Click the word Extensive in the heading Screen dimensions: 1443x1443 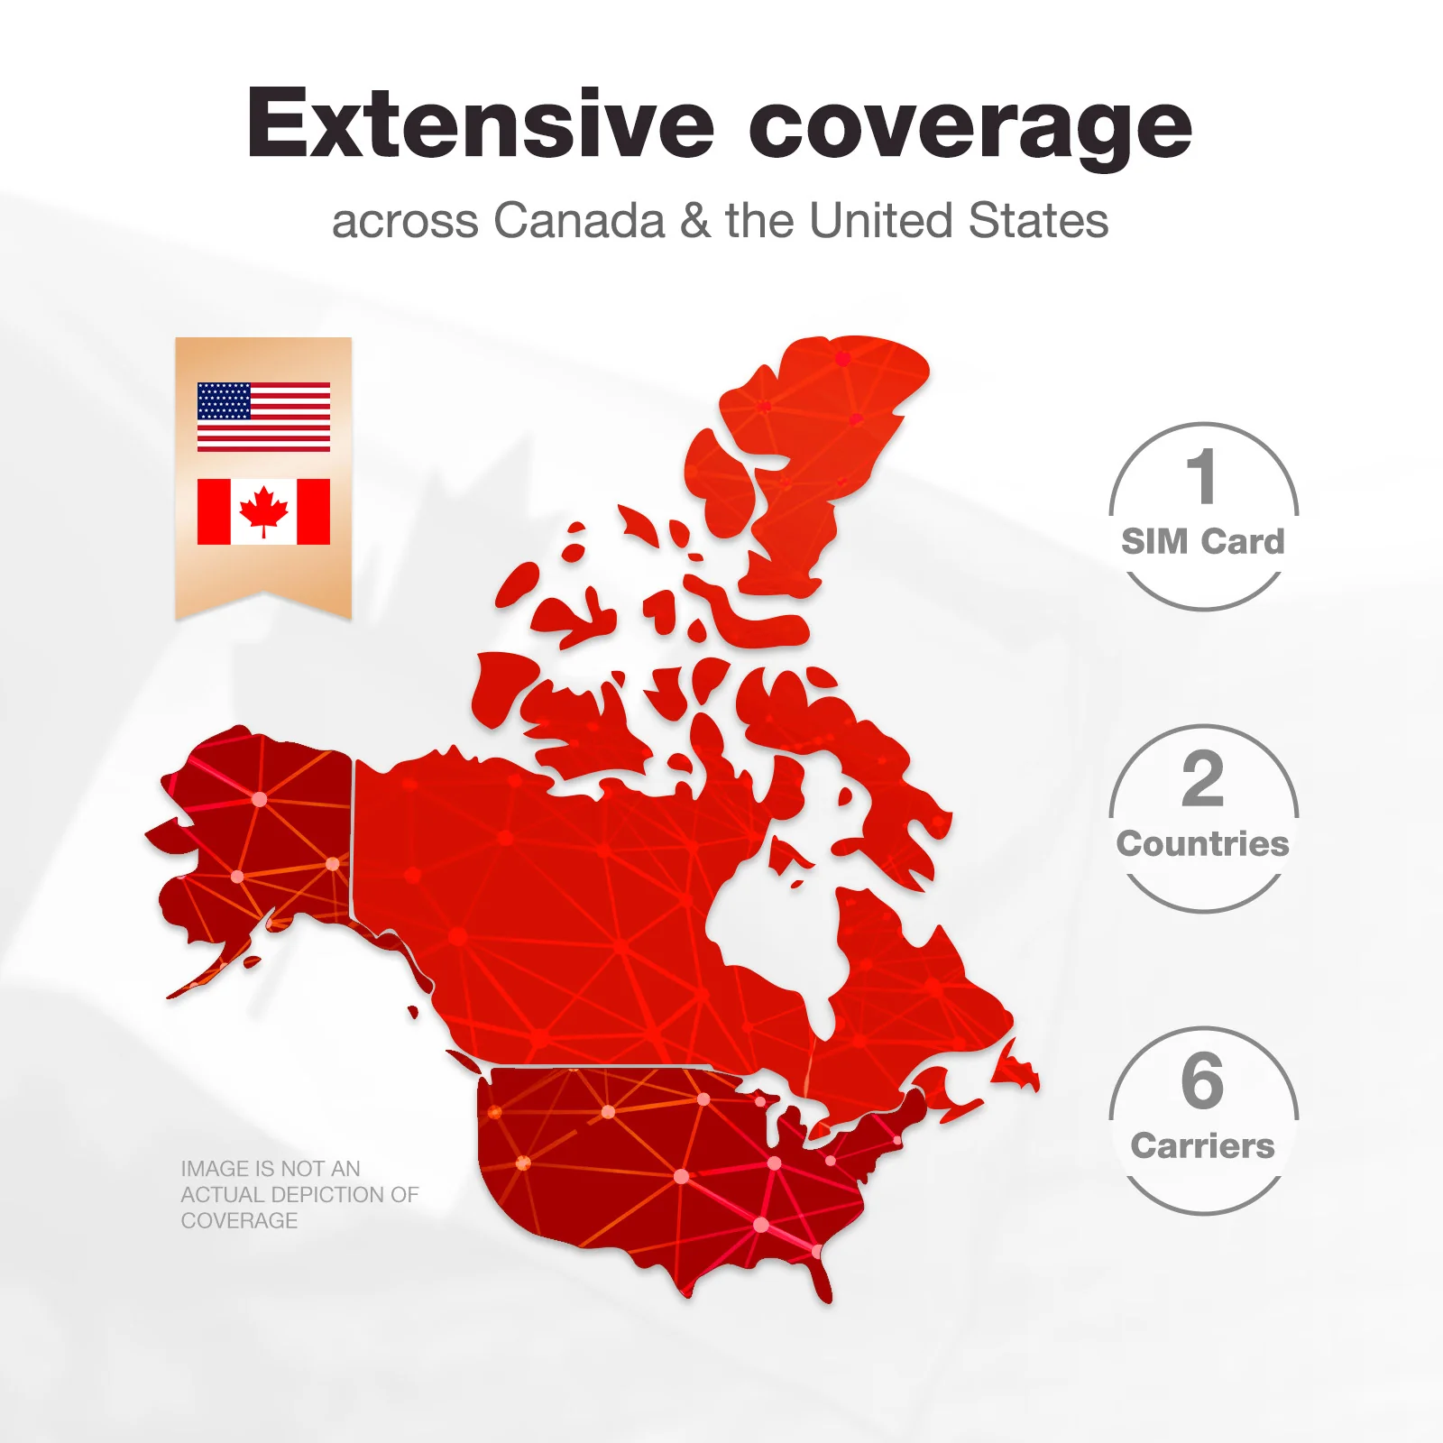pyautogui.click(x=480, y=124)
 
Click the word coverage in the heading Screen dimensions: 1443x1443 pyautogui.click(x=970, y=126)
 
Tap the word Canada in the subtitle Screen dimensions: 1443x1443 pyautogui.click(x=579, y=221)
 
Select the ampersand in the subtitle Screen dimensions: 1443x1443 pyautogui.click(x=695, y=222)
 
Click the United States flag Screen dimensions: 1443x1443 pyautogui.click(x=263, y=417)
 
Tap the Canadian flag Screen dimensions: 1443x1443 pyautogui.click(x=263, y=511)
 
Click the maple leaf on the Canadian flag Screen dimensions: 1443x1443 pyautogui.click(x=263, y=510)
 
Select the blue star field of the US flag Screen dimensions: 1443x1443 pyautogui.click(x=224, y=400)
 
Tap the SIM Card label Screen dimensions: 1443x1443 pyautogui.click(x=1202, y=542)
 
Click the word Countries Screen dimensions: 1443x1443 pyautogui.click(x=1202, y=844)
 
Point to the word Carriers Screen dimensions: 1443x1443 pyautogui.click(x=1202, y=1146)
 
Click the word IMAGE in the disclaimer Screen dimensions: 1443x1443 pyautogui.click(x=216, y=1169)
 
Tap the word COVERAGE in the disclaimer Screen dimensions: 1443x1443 pyautogui.click(x=239, y=1221)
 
